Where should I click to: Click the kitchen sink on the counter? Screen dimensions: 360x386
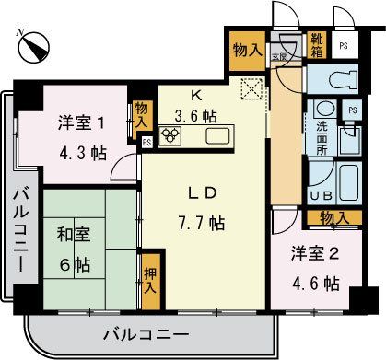coord(219,137)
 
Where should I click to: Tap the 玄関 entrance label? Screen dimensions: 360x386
coord(277,57)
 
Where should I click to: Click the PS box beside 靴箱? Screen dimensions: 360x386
coord(343,43)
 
